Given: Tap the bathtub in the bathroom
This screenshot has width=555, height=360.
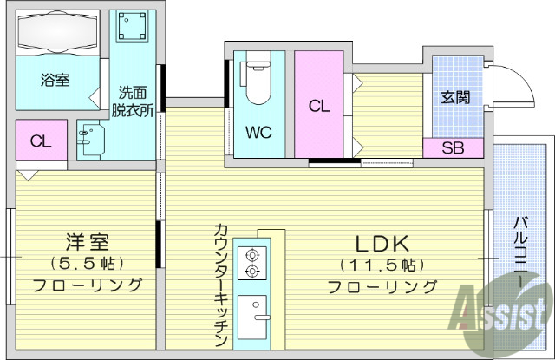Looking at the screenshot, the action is [x=57, y=35].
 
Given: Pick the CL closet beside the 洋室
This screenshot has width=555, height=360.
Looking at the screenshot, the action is [x=40, y=141].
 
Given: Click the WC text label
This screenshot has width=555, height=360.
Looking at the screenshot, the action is [x=258, y=134].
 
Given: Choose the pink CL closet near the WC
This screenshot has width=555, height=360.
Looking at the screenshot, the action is [x=318, y=106].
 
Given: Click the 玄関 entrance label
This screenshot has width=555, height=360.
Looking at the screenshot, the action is [x=455, y=97].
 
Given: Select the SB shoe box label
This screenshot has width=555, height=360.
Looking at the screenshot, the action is [x=453, y=147].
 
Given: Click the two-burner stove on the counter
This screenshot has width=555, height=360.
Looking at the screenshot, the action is [x=253, y=263].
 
